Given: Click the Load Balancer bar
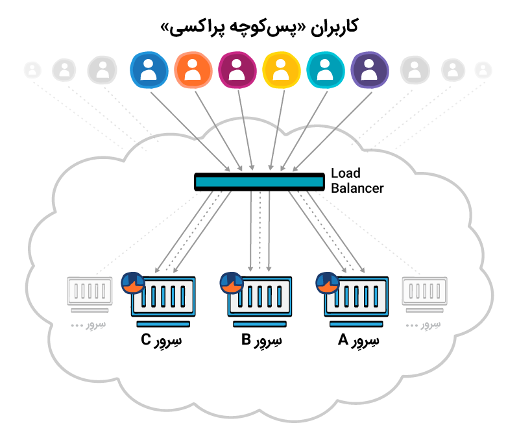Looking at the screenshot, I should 259,182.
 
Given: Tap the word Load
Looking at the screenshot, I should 345,174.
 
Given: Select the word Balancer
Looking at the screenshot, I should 357,189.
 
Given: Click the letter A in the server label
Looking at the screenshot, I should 343,339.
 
